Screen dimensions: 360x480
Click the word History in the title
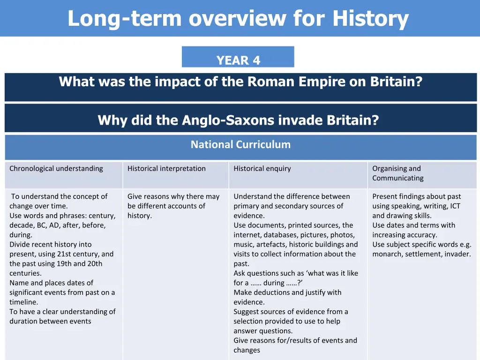[370, 19]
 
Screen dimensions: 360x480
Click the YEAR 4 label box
[238, 60]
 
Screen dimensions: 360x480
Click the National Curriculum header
[240, 144]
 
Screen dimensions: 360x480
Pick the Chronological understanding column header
[56, 168]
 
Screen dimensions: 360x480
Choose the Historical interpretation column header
[166, 168]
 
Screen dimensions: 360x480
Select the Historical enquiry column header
[262, 168]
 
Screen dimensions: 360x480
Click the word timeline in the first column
[23, 302]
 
